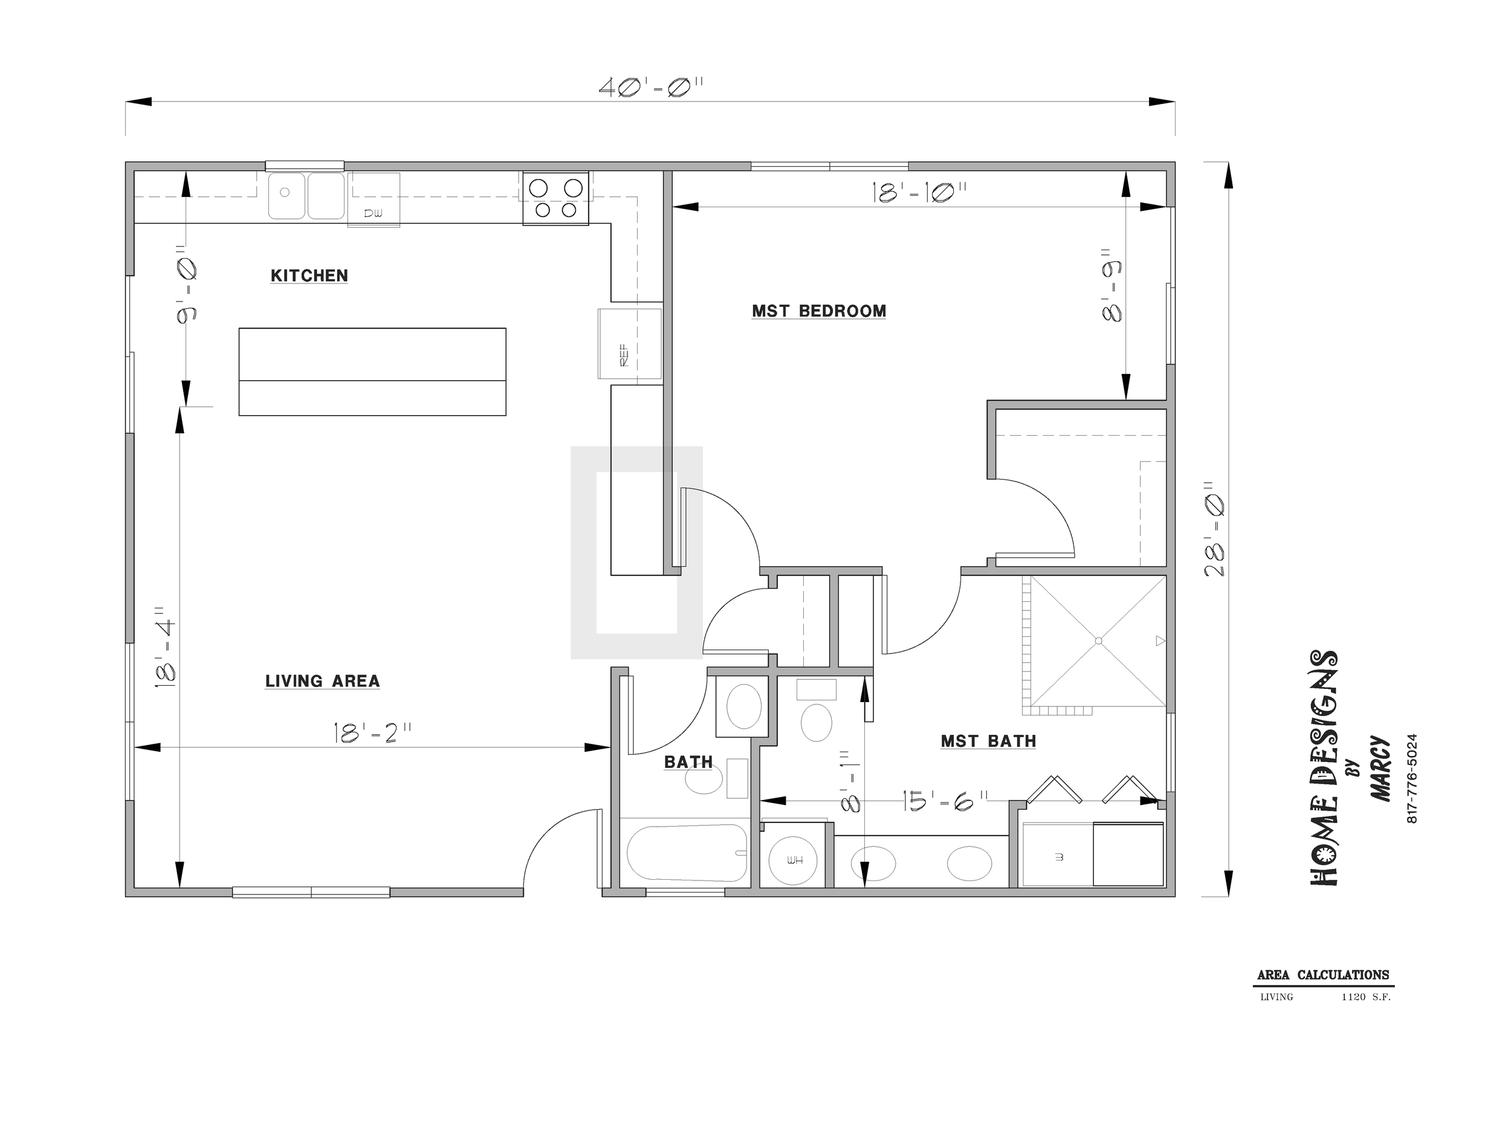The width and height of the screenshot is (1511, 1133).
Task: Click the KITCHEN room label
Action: point(309,276)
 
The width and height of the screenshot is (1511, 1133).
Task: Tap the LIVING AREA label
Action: point(322,681)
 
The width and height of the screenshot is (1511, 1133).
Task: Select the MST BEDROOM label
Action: point(819,311)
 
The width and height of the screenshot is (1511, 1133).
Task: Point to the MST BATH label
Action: point(988,741)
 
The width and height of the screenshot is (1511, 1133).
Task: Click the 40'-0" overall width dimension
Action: point(651,88)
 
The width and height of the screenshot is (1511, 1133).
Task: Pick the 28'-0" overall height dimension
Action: point(1214,529)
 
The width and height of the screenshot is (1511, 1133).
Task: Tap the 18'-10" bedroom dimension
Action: point(919,193)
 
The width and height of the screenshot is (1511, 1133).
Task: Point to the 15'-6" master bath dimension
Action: point(945,801)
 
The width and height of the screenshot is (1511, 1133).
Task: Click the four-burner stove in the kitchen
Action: point(556,199)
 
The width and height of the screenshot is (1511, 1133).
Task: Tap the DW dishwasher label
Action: point(373,214)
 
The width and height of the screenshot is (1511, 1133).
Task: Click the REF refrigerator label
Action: point(624,355)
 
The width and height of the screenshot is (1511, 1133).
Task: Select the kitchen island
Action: point(372,372)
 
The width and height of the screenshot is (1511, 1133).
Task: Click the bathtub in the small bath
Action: point(686,852)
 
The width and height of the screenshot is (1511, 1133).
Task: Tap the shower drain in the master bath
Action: point(1098,641)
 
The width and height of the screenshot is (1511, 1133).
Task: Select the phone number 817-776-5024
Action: point(1412,778)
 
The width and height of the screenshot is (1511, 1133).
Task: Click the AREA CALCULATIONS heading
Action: point(1323,975)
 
